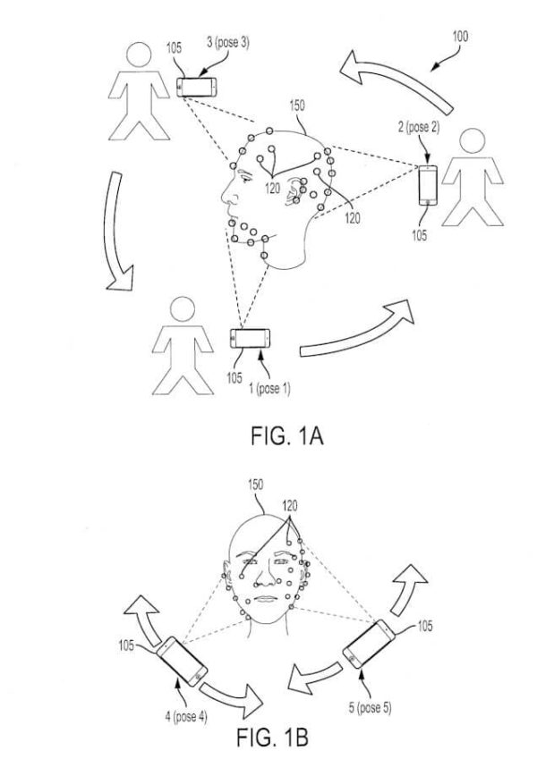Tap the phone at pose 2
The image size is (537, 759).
click(429, 185)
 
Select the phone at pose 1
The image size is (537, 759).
click(250, 341)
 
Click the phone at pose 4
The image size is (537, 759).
click(181, 665)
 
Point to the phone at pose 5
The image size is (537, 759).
click(366, 645)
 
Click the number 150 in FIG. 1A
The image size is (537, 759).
click(297, 105)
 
